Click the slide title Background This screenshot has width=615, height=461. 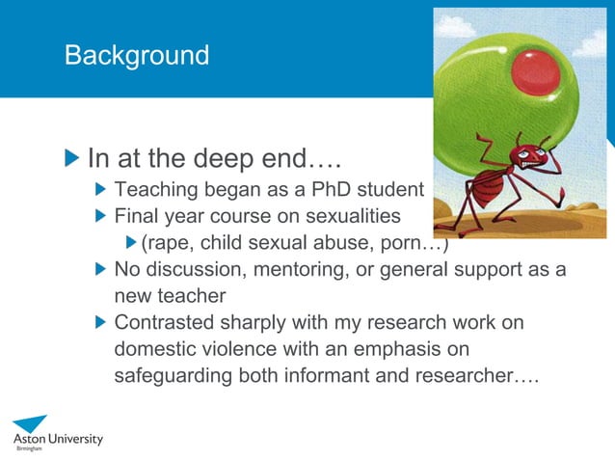point(136,55)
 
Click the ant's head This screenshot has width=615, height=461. point(524,156)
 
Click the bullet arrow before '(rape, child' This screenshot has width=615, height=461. point(132,241)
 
